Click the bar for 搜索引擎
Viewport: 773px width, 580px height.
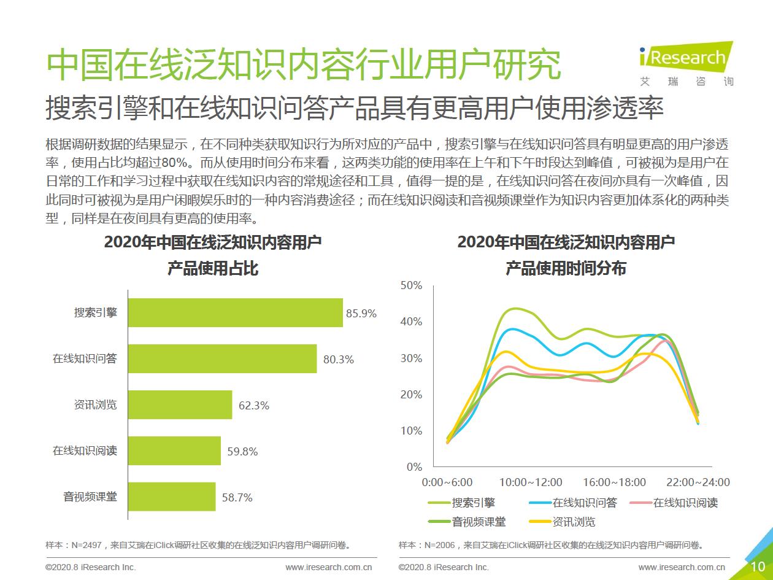[x=236, y=312]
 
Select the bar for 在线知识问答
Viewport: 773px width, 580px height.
[x=223, y=358]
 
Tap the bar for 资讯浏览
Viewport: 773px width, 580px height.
[x=180, y=404]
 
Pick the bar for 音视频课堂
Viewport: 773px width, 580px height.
[x=172, y=497]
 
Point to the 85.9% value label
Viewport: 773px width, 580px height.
[x=361, y=313]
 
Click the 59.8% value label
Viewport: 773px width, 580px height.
[x=242, y=452]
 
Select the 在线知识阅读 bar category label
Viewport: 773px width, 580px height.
[x=85, y=450]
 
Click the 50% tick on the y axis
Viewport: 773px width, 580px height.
[x=410, y=285]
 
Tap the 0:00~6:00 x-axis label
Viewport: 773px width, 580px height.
[x=447, y=482]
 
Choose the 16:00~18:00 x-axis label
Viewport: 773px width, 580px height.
[x=614, y=482]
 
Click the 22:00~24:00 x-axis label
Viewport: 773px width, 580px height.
[x=698, y=482]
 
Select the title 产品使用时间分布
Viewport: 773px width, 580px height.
[x=565, y=269]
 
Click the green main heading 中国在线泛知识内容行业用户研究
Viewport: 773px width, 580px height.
[x=304, y=64]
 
